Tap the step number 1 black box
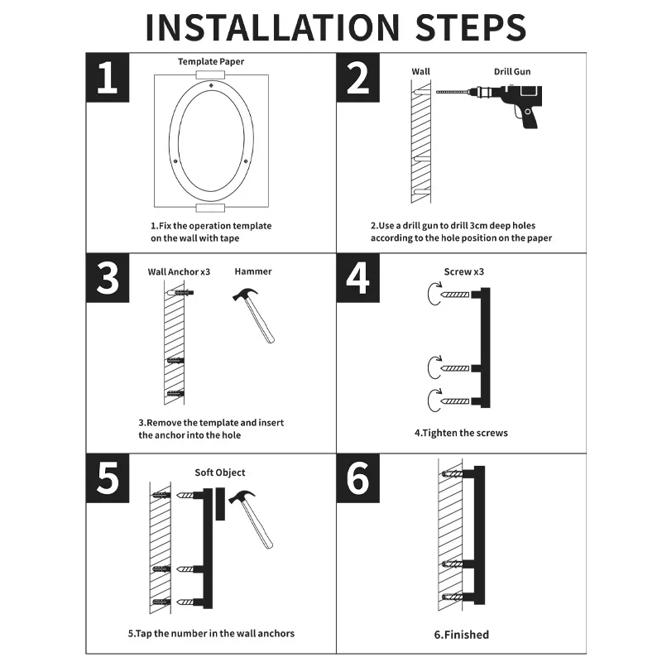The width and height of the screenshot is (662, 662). (108, 78)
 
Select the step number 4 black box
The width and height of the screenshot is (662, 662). (358, 278)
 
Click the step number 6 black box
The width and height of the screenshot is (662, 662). (358, 478)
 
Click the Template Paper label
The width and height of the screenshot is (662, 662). (211, 61)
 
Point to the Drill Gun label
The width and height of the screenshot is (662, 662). (512, 71)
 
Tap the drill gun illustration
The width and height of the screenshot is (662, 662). (490, 106)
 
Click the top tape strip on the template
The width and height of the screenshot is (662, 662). (211, 75)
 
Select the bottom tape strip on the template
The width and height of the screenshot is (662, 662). (211, 208)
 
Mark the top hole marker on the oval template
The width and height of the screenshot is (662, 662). (211, 86)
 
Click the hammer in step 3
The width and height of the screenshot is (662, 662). (254, 315)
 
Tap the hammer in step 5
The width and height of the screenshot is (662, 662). (251, 519)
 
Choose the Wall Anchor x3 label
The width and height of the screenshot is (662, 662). (179, 272)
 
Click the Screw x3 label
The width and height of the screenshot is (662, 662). (464, 272)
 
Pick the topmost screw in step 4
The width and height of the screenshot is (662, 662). (455, 295)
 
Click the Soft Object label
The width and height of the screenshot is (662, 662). (220, 473)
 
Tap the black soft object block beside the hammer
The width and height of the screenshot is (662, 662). (220, 504)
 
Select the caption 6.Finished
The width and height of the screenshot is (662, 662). (462, 635)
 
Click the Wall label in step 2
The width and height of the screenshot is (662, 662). (421, 71)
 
